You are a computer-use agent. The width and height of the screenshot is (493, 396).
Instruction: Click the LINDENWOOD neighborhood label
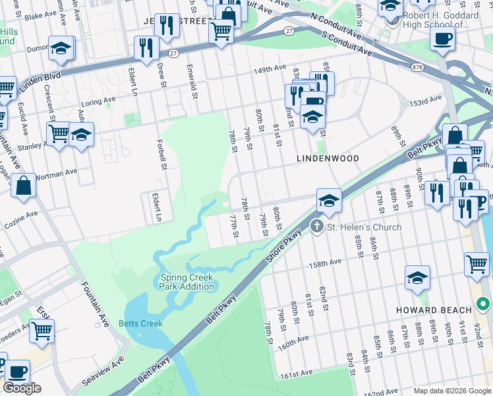click(x=328, y=158)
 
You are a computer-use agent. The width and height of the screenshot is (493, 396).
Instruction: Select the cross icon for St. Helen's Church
click(x=317, y=227)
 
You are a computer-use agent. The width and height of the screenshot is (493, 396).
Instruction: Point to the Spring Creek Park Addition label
click(x=187, y=282)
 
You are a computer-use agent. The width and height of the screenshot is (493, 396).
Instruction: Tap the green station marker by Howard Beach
click(x=483, y=304)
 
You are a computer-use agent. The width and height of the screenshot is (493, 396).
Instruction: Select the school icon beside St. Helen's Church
click(x=328, y=199)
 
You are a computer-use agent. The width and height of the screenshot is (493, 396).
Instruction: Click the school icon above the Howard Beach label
click(x=417, y=277)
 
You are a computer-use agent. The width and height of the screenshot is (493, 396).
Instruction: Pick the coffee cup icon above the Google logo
click(x=17, y=371)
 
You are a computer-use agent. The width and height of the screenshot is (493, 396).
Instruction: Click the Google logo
click(x=22, y=388)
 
